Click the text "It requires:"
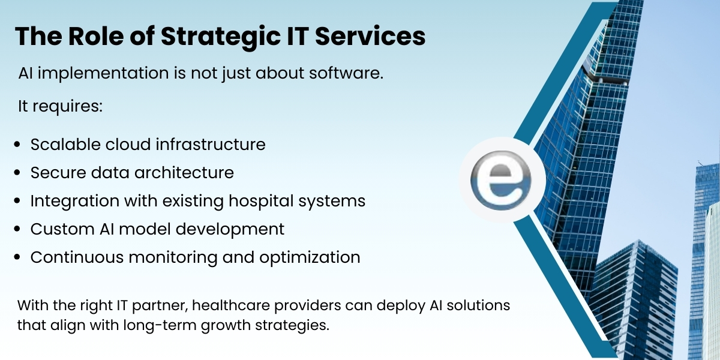(61, 107)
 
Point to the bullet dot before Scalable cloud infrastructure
(17, 145)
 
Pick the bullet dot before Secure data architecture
(17, 173)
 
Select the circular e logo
(502, 180)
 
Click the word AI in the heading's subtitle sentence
(26, 74)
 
